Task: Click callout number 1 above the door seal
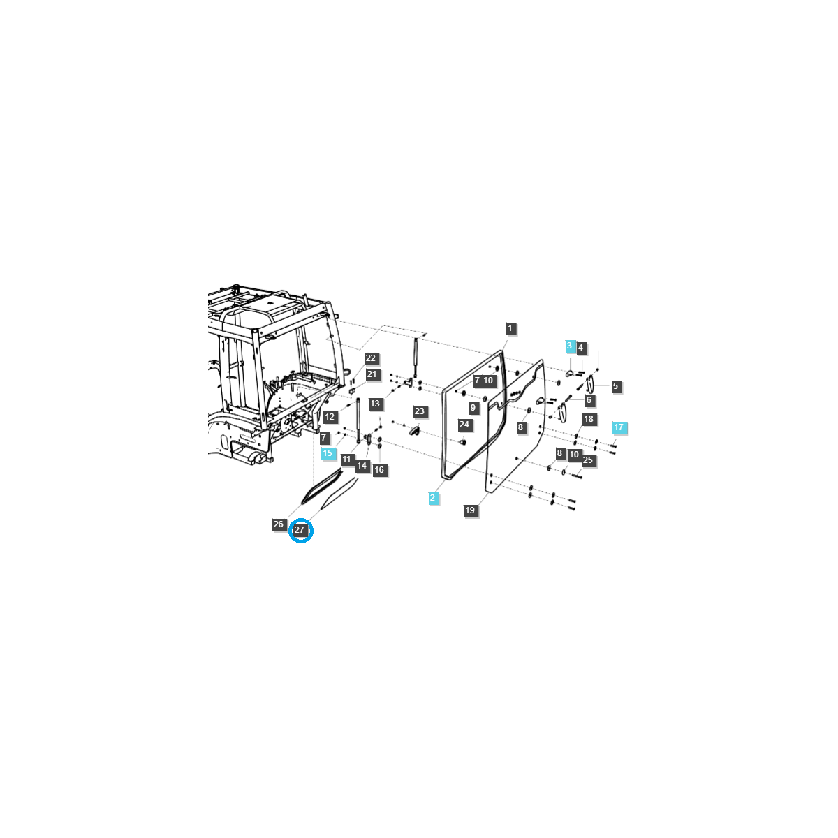tap(510, 328)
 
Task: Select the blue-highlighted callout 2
tap(434, 498)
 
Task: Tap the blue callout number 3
tap(570, 346)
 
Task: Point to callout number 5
tap(615, 386)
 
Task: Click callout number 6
tap(589, 400)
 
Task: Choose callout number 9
tap(473, 408)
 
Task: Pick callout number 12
tap(330, 417)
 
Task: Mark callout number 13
tap(376, 404)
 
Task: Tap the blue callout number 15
tap(328, 453)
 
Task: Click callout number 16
tap(379, 470)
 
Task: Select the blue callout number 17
tap(619, 427)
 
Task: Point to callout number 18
tap(589, 419)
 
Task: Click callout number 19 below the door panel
tap(470, 510)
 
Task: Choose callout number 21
tap(372, 374)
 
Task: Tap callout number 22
tap(371, 358)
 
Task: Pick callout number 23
tap(419, 411)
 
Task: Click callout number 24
tap(464, 425)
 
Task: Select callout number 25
tap(587, 460)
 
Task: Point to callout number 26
tap(279, 524)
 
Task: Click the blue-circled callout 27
tap(300, 530)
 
